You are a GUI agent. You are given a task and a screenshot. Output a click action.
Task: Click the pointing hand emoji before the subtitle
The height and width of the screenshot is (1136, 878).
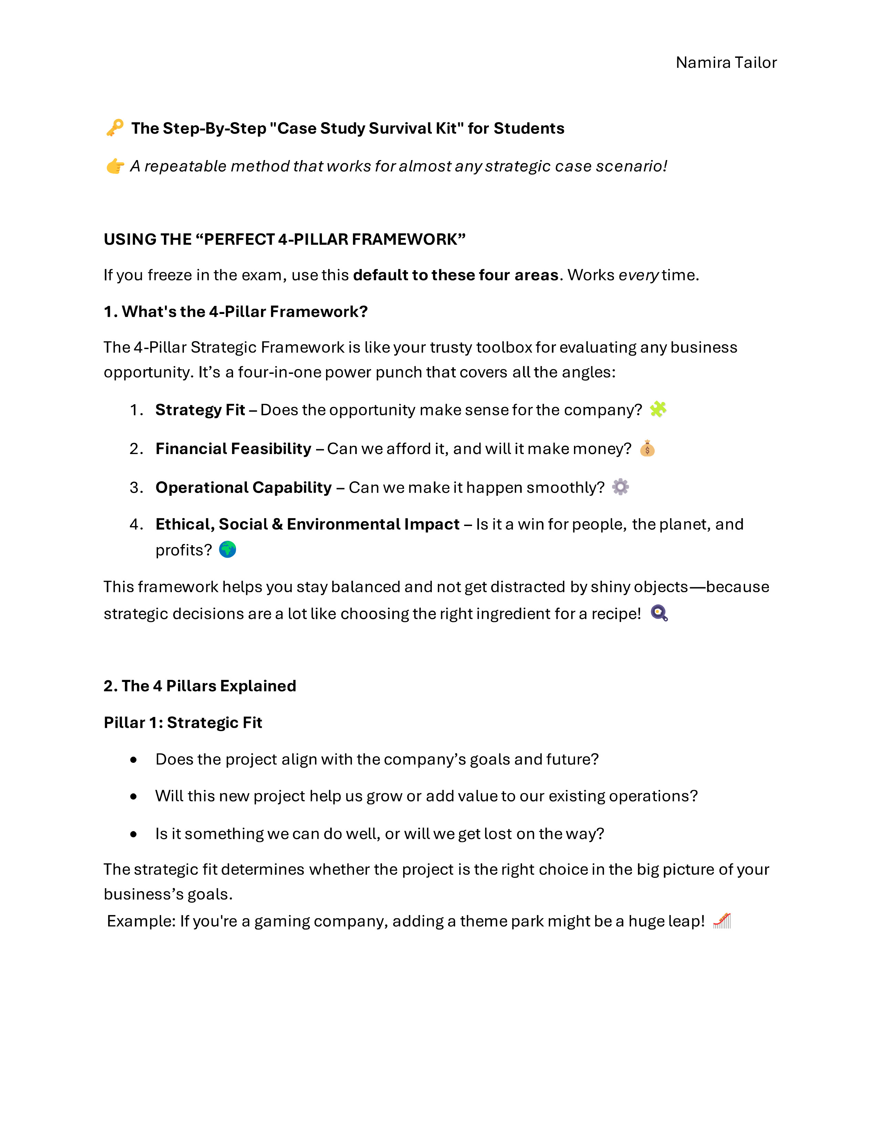click(x=115, y=167)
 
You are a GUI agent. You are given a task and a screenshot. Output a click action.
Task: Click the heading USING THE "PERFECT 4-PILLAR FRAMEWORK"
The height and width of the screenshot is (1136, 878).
click(x=284, y=239)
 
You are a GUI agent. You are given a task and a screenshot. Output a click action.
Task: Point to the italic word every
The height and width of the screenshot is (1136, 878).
click(x=638, y=275)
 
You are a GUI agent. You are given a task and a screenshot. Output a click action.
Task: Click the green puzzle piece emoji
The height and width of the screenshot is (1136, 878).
click(x=658, y=409)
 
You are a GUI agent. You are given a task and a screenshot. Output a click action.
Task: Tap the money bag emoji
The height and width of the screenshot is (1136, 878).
click(x=647, y=448)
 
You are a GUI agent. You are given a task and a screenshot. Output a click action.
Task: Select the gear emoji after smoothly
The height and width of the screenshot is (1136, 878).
click(x=620, y=487)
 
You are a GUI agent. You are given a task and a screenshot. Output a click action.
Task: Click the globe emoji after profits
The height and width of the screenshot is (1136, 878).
click(x=227, y=549)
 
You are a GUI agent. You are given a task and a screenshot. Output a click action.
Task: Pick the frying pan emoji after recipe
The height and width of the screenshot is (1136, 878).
click(x=659, y=613)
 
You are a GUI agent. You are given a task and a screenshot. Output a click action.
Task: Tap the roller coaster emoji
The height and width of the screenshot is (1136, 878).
click(x=722, y=921)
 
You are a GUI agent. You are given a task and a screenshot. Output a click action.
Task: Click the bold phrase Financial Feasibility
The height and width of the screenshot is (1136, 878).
click(x=233, y=448)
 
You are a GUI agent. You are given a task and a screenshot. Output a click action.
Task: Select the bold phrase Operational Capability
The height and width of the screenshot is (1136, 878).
click(x=243, y=487)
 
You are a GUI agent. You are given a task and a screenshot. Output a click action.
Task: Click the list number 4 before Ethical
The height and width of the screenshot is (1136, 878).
click(x=135, y=524)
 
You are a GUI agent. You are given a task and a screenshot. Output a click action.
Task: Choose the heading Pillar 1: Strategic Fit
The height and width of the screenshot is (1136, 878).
click(x=182, y=723)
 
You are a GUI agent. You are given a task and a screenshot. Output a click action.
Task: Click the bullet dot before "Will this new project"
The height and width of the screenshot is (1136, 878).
click(x=134, y=796)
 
